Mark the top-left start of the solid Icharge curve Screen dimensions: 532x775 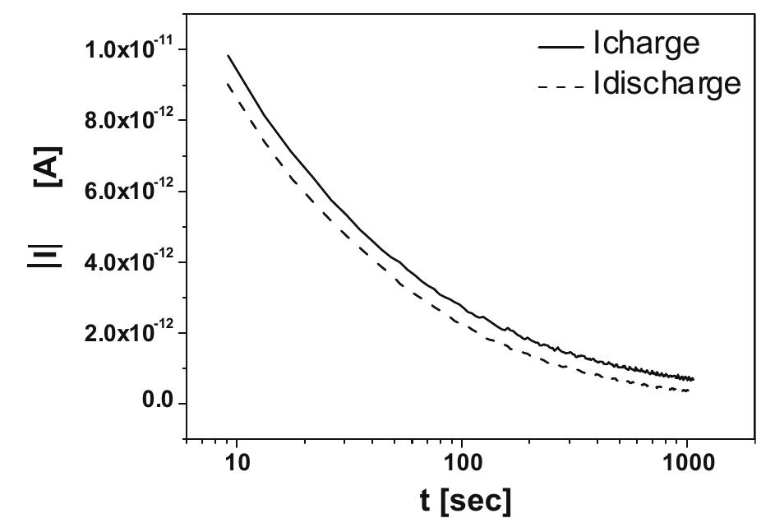pyautogui.click(x=228, y=56)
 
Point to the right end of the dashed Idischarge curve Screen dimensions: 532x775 pyautogui.click(x=689, y=390)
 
